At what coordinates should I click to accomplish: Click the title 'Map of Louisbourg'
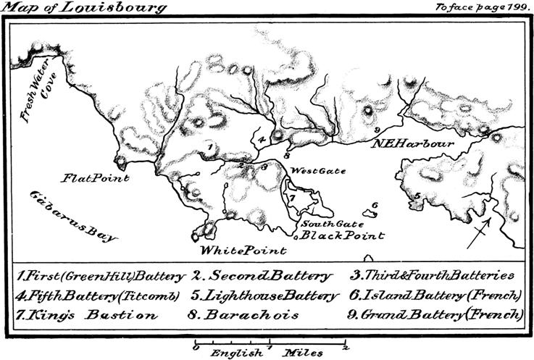(84, 8)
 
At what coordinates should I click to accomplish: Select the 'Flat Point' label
(95, 177)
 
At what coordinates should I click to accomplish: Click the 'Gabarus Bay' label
(72, 217)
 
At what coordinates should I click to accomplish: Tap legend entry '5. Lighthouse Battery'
(265, 296)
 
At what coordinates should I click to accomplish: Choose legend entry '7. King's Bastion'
(86, 315)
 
